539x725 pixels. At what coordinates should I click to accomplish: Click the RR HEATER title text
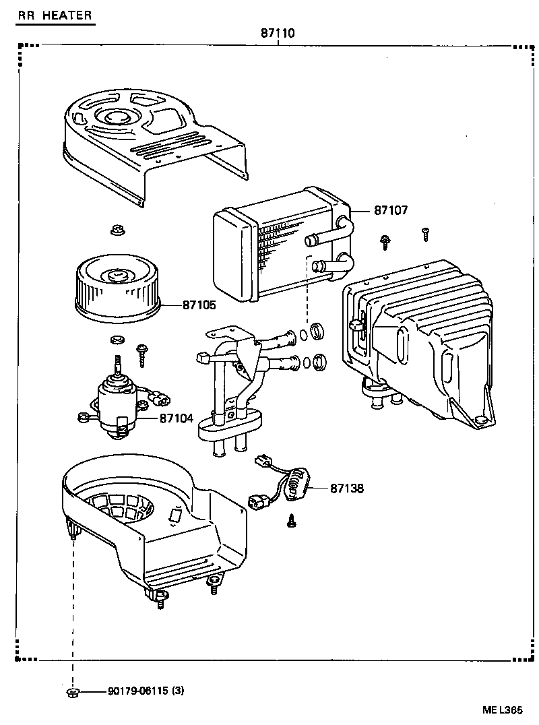tap(55, 15)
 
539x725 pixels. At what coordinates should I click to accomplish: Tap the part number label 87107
tap(391, 210)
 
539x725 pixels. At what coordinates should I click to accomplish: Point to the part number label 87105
tap(199, 305)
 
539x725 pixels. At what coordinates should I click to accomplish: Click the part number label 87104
tap(177, 418)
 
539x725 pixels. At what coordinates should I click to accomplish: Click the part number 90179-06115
tap(137, 691)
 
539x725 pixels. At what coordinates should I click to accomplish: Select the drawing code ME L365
tap(502, 710)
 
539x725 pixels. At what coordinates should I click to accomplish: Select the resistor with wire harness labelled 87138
tap(293, 484)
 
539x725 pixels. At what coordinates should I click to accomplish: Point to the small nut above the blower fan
tap(117, 230)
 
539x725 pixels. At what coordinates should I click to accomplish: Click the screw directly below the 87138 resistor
tap(292, 520)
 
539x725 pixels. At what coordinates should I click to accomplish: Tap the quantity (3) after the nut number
tap(178, 691)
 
